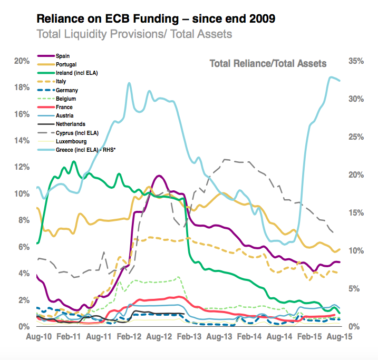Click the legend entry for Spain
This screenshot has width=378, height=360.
(x=63, y=55)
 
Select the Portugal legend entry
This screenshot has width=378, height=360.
(x=66, y=64)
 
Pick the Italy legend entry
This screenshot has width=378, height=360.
(x=61, y=81)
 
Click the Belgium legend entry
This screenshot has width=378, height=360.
(x=65, y=99)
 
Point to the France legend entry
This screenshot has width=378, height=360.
(x=64, y=107)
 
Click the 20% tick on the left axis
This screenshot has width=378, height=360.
(x=21, y=61)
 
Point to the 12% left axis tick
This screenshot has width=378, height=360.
(x=21, y=168)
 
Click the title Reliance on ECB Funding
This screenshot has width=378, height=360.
(x=156, y=20)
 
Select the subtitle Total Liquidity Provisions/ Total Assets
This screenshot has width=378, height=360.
(x=134, y=34)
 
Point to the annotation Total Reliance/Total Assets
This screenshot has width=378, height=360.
(x=268, y=64)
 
